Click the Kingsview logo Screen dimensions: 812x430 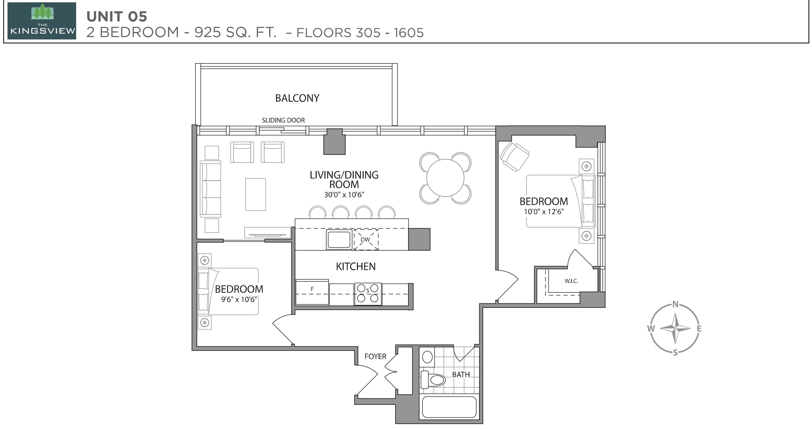pyautogui.click(x=42, y=21)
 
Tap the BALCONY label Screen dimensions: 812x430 pyautogui.click(x=297, y=98)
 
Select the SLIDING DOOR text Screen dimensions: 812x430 pyautogui.click(x=283, y=120)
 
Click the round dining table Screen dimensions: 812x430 pyautogui.click(x=445, y=178)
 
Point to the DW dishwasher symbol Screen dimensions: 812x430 pyautogui.click(x=366, y=239)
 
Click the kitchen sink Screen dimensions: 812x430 pyautogui.click(x=339, y=239)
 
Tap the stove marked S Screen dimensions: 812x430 pyautogui.click(x=368, y=294)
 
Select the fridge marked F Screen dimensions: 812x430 pyautogui.click(x=312, y=292)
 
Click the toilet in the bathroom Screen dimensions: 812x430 pyautogui.click(x=433, y=380)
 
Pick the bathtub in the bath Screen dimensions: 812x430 pyautogui.click(x=449, y=407)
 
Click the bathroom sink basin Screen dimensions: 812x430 pyautogui.click(x=427, y=357)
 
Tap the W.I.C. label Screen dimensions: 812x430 pyautogui.click(x=571, y=281)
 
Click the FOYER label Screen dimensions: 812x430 pyautogui.click(x=375, y=356)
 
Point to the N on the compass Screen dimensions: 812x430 pyautogui.click(x=675, y=304)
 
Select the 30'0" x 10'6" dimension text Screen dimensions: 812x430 pyautogui.click(x=344, y=195)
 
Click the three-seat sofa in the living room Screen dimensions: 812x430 pyautogui.click(x=211, y=189)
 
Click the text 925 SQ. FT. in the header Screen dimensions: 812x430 pyautogui.click(x=235, y=32)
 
